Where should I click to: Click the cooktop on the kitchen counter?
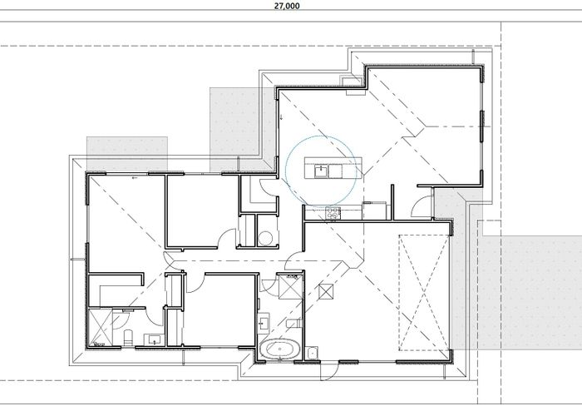[x=334, y=211]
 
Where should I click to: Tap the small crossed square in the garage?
[x=326, y=290]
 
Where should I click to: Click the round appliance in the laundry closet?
[x=265, y=237]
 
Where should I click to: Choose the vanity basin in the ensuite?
[x=155, y=339]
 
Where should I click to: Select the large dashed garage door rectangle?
[x=423, y=293]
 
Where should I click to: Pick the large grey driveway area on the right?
[x=532, y=291]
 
